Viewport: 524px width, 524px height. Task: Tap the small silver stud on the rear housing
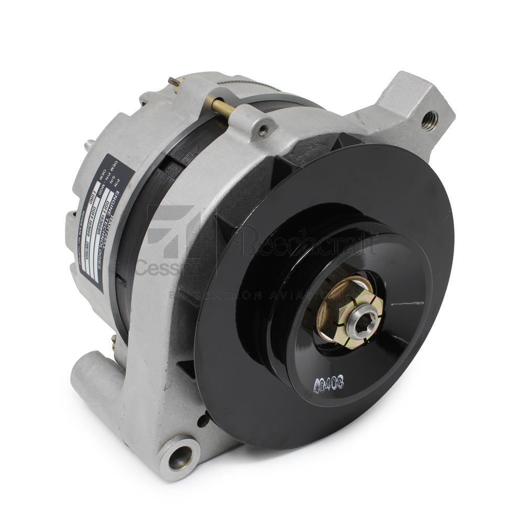[89, 143]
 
